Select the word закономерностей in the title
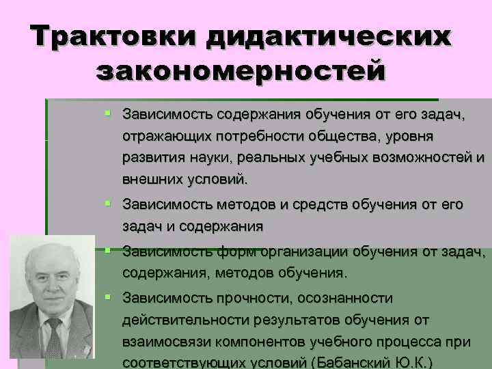pos(240,70)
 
